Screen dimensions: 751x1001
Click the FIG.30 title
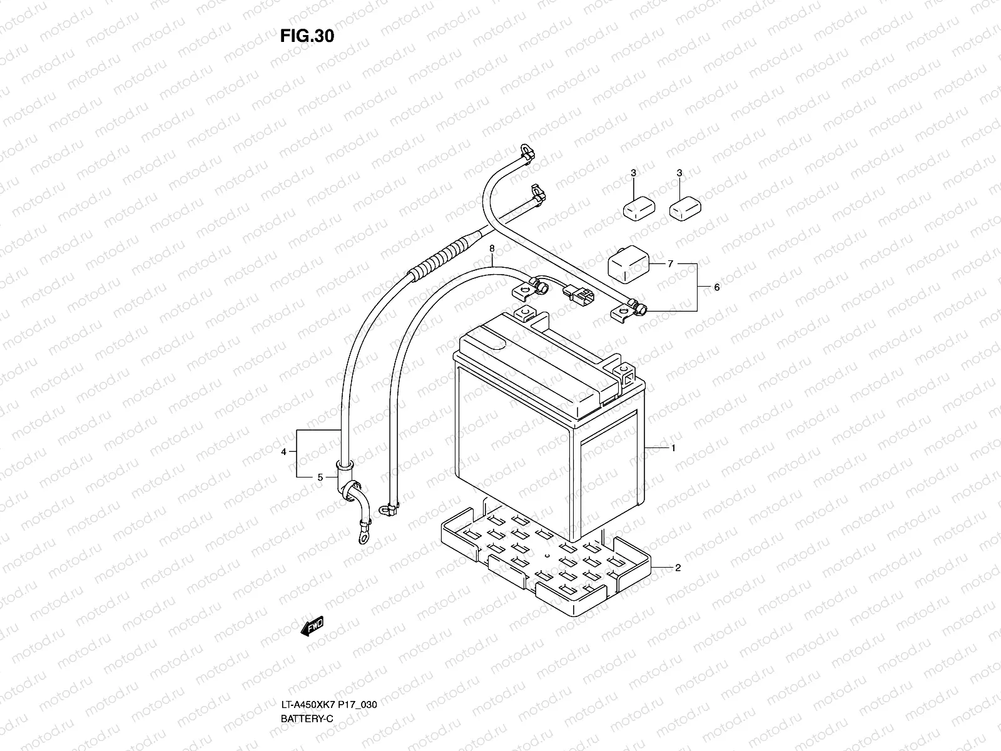pyautogui.click(x=307, y=36)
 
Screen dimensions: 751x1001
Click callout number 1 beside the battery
pyautogui.click(x=673, y=448)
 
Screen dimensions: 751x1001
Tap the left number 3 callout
pyautogui.click(x=633, y=173)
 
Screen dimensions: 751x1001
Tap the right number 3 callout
pyautogui.click(x=679, y=173)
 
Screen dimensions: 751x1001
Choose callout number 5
pyautogui.click(x=670, y=264)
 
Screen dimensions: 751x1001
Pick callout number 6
pyautogui.click(x=492, y=248)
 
